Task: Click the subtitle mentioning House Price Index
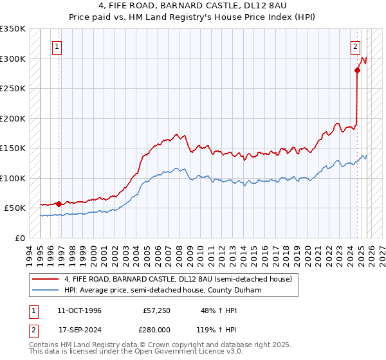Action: pyautogui.click(x=192, y=17)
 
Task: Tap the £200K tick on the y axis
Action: pyautogui.click(x=12, y=118)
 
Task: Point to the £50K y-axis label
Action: pyautogui.click(x=14, y=208)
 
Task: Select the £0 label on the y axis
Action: pyautogui.click(x=19, y=238)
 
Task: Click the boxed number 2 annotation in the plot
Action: pyautogui.click(x=355, y=46)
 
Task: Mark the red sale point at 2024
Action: pyautogui.click(x=357, y=71)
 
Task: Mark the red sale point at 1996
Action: pyautogui.click(x=59, y=204)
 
